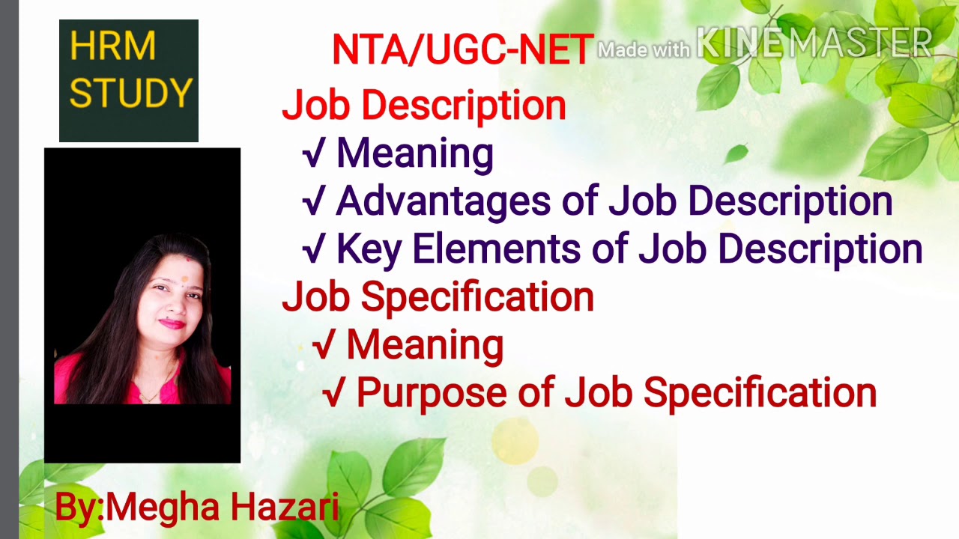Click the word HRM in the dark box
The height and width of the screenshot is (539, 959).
coord(112,47)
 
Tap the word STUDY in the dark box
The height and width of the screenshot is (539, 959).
coord(130,94)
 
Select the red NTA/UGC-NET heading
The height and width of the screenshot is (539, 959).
coord(462,50)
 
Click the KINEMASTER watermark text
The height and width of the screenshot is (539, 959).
coord(814,43)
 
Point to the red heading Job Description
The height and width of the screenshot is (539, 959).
coord(424,106)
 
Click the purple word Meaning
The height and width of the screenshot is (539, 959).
coord(414,153)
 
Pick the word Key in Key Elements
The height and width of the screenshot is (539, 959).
coord(369,249)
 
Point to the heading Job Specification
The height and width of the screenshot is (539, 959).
coord(438,296)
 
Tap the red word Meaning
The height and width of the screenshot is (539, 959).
coord(424,345)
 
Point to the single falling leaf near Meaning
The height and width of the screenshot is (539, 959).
coord(736,153)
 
